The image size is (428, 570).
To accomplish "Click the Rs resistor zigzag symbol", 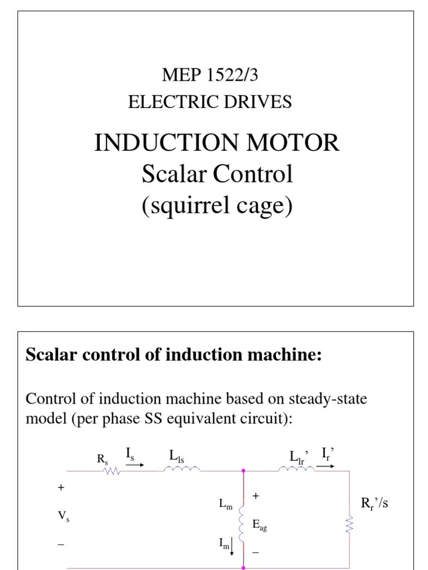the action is click(113, 471).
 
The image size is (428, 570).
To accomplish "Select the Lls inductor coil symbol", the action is click(181, 470).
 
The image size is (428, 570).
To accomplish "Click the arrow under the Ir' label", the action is click(326, 465).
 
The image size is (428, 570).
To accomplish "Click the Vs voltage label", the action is click(64, 517).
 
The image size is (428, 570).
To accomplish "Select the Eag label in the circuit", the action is click(259, 524).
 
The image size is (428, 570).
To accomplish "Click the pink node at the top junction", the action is click(244, 471).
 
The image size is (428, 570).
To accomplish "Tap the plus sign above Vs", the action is click(61, 488).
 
